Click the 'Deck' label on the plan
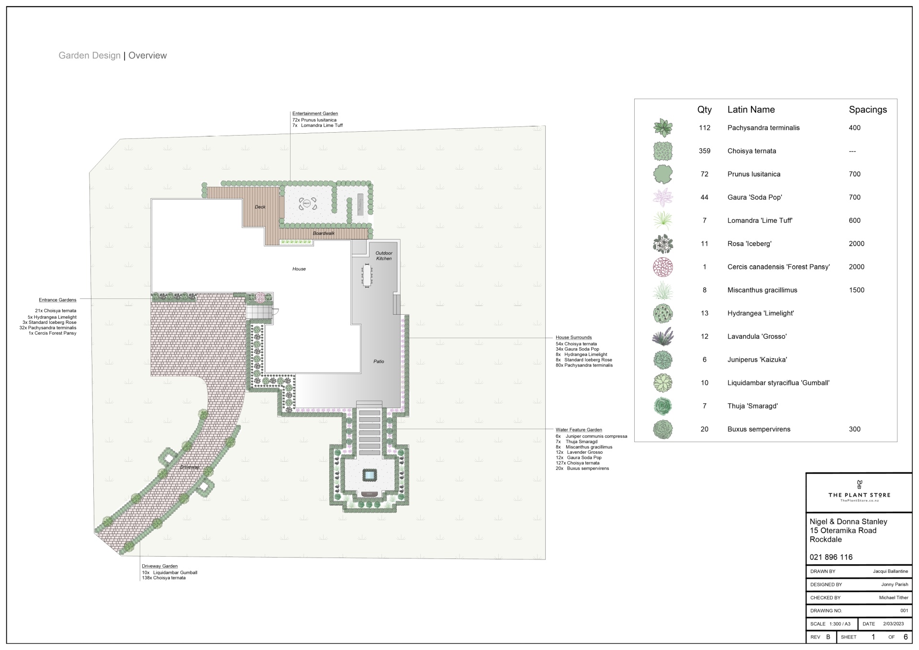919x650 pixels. coord(260,207)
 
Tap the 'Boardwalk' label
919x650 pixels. coord(324,233)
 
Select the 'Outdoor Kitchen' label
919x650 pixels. coord(384,256)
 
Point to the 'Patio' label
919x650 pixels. coord(379,362)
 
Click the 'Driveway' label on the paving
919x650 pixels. coord(190,467)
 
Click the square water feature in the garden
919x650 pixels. coord(369,475)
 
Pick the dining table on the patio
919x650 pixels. coord(367,276)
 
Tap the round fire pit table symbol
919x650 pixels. coord(306,204)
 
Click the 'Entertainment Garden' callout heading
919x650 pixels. coord(315,114)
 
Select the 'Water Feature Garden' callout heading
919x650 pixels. coord(579,430)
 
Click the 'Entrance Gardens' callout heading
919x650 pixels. coord(57,300)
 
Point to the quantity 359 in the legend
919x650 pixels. coord(704,151)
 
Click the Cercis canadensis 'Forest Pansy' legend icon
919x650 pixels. coord(663,267)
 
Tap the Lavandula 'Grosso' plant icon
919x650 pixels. coord(663,336)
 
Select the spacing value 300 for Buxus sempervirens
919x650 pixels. coord(854,429)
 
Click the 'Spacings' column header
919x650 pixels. coord(868,110)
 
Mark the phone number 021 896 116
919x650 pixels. coord(831,557)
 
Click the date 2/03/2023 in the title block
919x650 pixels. coord(894,624)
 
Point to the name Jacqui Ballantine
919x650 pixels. coord(890,571)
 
